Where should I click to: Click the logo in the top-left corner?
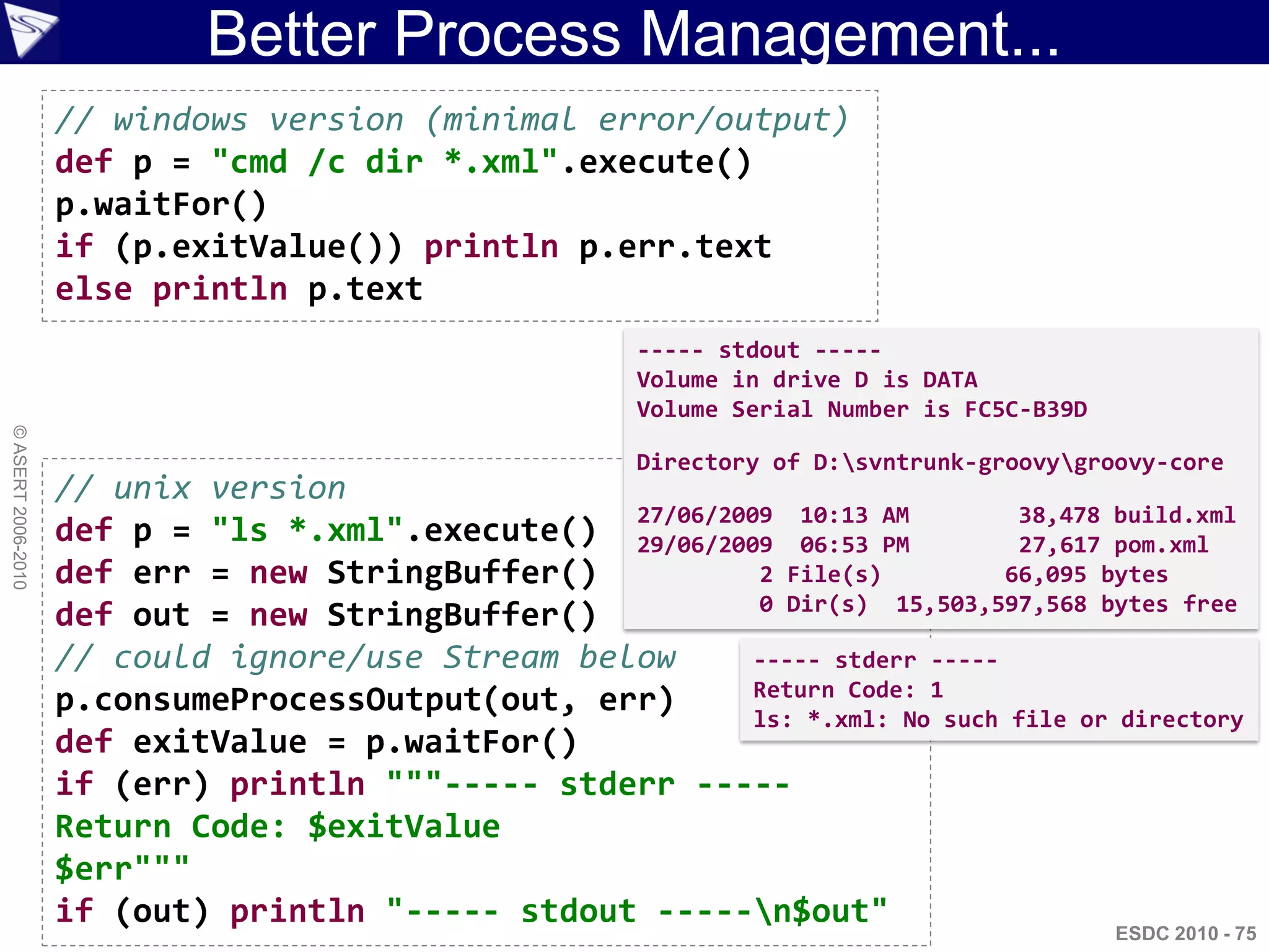(x=30, y=30)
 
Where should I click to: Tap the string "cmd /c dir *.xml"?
(x=384, y=162)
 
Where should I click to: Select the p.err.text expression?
(x=675, y=247)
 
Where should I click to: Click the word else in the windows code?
(x=94, y=289)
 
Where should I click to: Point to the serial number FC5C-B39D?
(x=1025, y=410)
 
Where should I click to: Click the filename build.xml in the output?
(x=1174, y=515)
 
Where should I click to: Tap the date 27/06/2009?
(x=705, y=515)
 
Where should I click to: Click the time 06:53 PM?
(x=854, y=545)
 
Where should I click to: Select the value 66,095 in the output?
(x=1045, y=575)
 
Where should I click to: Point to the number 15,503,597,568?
(x=991, y=604)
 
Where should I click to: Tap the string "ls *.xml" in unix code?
(x=307, y=531)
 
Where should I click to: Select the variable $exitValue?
(x=403, y=827)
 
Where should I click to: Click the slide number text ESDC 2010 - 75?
(x=1185, y=933)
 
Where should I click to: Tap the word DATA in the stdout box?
(x=950, y=380)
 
